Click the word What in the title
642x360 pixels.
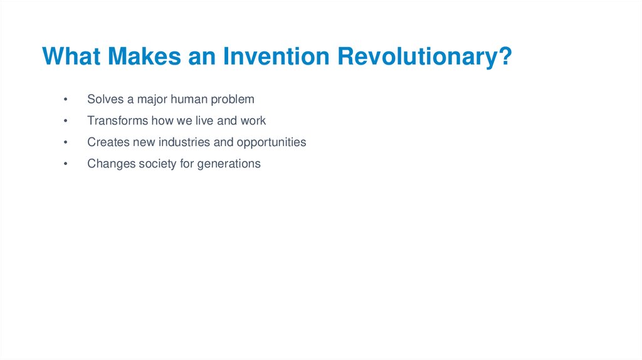click(x=71, y=56)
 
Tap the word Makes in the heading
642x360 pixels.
click(x=144, y=56)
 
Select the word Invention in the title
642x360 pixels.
click(x=276, y=56)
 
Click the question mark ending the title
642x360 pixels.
click(x=506, y=56)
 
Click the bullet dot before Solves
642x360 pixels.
click(x=65, y=99)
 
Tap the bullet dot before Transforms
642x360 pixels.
click(x=65, y=121)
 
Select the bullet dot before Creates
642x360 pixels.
click(x=65, y=142)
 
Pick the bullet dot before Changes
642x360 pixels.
click(x=65, y=164)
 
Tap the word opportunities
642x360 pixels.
click(x=271, y=143)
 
